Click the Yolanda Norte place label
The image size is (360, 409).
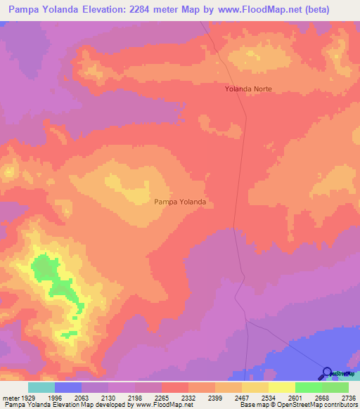[247, 89]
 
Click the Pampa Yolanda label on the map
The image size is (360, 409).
[180, 202]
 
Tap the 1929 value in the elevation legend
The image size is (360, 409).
[28, 398]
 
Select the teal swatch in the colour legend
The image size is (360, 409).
[41, 387]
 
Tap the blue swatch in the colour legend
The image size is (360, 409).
[68, 387]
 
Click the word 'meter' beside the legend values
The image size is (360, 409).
[10, 398]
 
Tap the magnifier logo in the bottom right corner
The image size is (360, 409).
[327, 373]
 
